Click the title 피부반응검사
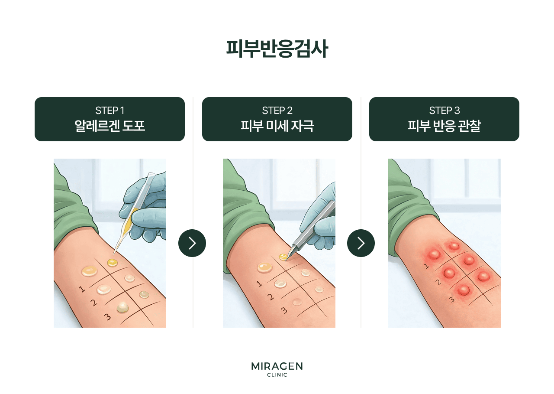pyautogui.click(x=277, y=49)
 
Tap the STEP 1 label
pyautogui.click(x=110, y=111)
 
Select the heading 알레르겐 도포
pyautogui.click(x=110, y=126)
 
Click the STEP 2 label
pyautogui.click(x=277, y=111)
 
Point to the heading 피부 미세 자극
pyautogui.click(x=277, y=126)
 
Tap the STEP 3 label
pyautogui.click(x=444, y=111)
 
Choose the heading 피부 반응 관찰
pyautogui.click(x=444, y=126)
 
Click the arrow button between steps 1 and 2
pyautogui.click(x=192, y=243)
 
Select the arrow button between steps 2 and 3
pyautogui.click(x=361, y=243)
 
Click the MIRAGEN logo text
pyautogui.click(x=277, y=366)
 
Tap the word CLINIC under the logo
pyautogui.click(x=277, y=375)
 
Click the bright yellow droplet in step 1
pyautogui.click(x=113, y=262)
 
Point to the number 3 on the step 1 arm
pyautogui.click(x=107, y=318)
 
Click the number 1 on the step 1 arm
pyautogui.click(x=82, y=289)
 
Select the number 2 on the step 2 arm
pyautogui.click(x=271, y=297)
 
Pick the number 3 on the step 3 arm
pyautogui.click(x=451, y=299)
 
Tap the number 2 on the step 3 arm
pyautogui.click(x=438, y=282)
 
